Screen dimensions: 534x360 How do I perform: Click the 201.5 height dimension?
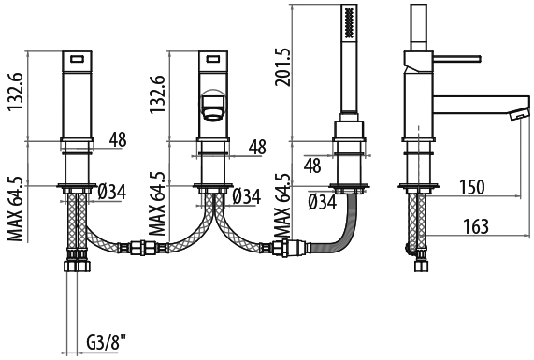(283, 66)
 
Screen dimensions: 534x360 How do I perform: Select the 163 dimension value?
(476, 225)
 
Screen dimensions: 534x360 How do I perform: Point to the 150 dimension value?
(472, 187)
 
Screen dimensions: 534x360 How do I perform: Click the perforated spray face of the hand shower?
(349, 23)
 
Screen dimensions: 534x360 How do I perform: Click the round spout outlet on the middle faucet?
(213, 104)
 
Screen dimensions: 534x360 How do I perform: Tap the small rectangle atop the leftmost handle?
(78, 59)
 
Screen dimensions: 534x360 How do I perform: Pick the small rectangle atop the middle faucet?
(213, 59)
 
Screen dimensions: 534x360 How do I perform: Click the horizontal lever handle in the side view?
(457, 58)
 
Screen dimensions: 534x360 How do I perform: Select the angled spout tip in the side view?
(519, 113)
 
